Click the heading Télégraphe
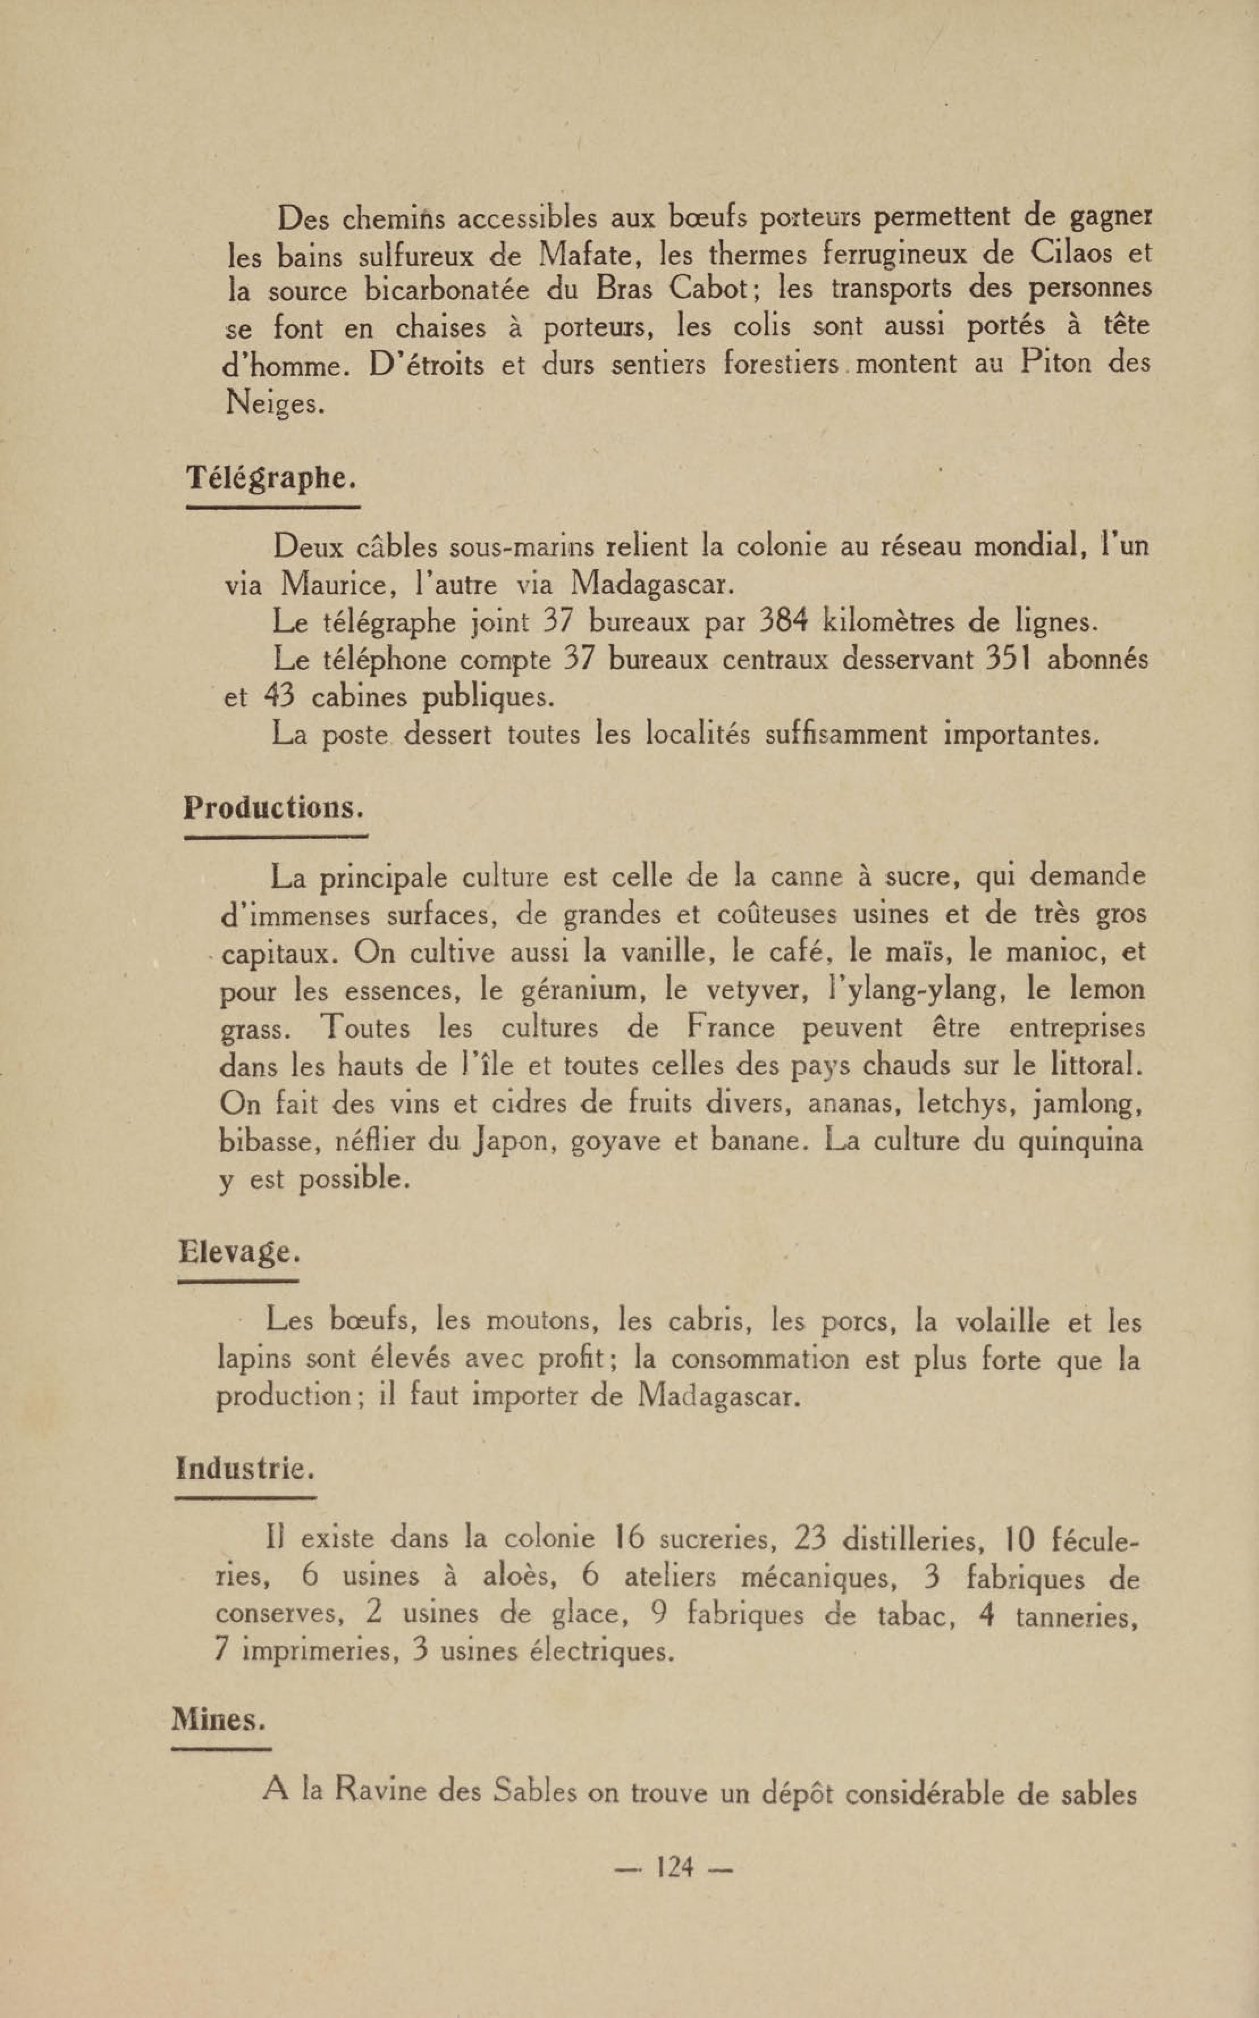pyautogui.click(x=271, y=477)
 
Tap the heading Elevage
pyautogui.click(x=239, y=1252)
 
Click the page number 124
pyautogui.click(x=675, y=1867)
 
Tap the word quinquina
pyautogui.click(x=1080, y=1140)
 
